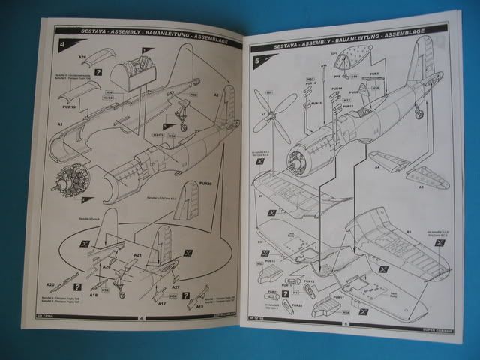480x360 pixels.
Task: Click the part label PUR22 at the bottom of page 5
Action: [297, 305]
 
